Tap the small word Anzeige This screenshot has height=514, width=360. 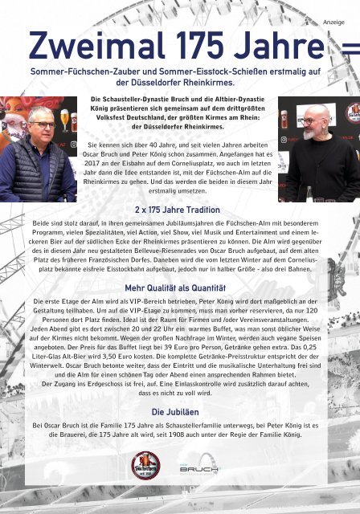pyautogui.click(x=333, y=22)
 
